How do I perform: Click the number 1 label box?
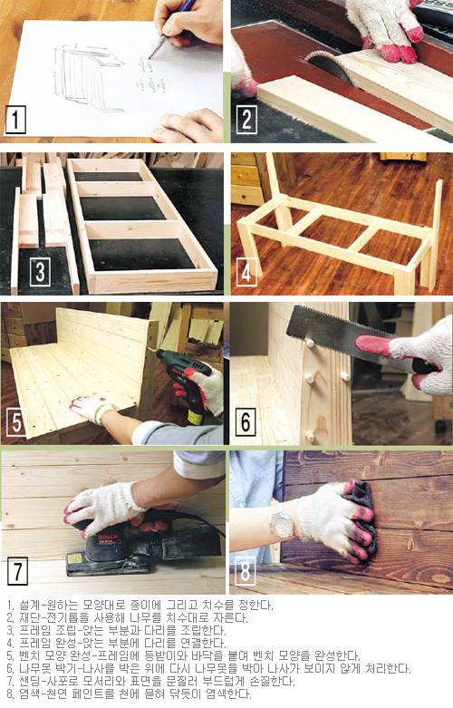[x=15, y=120]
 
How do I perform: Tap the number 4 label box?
[x=246, y=272]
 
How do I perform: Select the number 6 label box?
[x=246, y=422]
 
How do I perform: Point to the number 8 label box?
[x=245, y=571]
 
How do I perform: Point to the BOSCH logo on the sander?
[x=108, y=538]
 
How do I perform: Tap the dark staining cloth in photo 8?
[x=361, y=510]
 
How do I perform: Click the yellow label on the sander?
[x=75, y=558]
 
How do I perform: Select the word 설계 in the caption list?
[x=28, y=605]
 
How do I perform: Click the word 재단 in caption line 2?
[x=28, y=617]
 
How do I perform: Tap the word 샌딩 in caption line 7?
[x=28, y=681]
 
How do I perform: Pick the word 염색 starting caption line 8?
[x=28, y=693]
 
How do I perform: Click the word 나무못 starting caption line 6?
[x=33, y=668]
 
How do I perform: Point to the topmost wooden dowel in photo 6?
[x=310, y=344]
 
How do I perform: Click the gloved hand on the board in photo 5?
[x=92, y=409]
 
